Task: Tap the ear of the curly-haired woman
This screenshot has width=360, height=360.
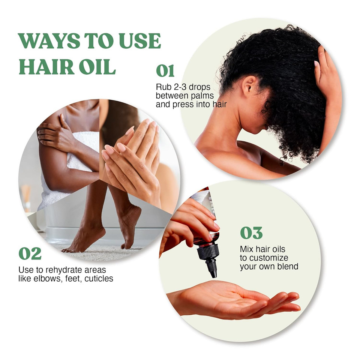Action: pos(247,85)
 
